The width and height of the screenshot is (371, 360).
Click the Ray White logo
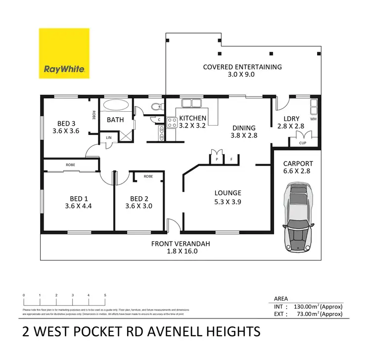click(64, 53)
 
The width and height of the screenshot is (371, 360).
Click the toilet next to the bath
click(155, 106)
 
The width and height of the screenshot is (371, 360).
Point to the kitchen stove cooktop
click(172, 122)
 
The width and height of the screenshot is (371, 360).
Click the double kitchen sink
click(191, 103)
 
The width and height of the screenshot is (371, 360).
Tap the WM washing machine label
click(313, 119)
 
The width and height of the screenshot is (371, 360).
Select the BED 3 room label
click(66, 124)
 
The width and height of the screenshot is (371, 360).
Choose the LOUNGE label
click(228, 193)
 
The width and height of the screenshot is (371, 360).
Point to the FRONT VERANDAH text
click(181, 243)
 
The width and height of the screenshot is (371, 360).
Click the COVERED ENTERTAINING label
click(242, 67)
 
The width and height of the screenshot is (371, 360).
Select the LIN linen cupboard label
click(107, 138)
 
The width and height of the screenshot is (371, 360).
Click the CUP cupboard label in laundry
click(303, 142)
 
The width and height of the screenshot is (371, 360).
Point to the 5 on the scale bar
click(105, 295)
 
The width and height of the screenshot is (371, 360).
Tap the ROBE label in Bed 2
click(148, 176)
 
